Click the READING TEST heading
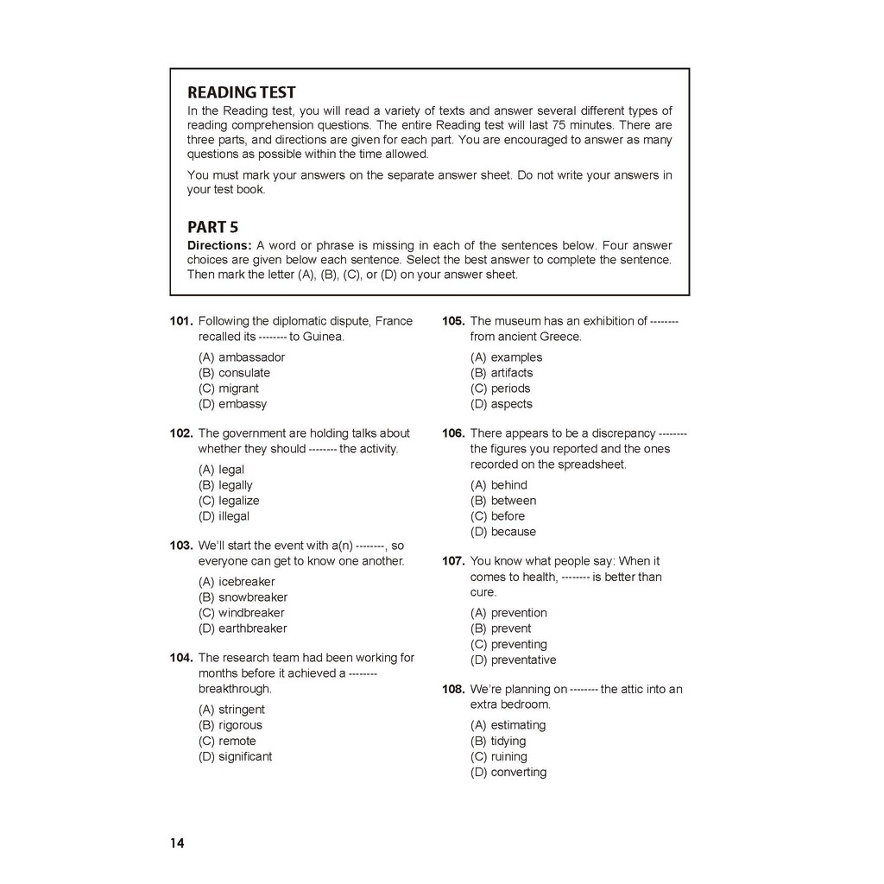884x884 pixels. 242,92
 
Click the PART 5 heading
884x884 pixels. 212,227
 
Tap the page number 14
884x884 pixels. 177,843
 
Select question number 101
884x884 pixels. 181,321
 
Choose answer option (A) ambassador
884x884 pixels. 242,357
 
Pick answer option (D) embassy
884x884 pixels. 232,404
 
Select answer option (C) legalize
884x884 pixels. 229,501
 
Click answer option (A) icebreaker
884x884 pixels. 237,582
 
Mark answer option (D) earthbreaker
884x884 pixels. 243,628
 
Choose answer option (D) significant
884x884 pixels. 235,756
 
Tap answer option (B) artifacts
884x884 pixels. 502,373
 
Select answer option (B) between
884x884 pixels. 503,501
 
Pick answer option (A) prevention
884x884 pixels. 508,613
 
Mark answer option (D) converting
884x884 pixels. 508,772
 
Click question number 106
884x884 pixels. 453,433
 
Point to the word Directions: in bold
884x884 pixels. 219,245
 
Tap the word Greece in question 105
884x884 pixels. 561,337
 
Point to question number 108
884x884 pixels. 453,689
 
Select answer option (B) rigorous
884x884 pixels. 230,725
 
